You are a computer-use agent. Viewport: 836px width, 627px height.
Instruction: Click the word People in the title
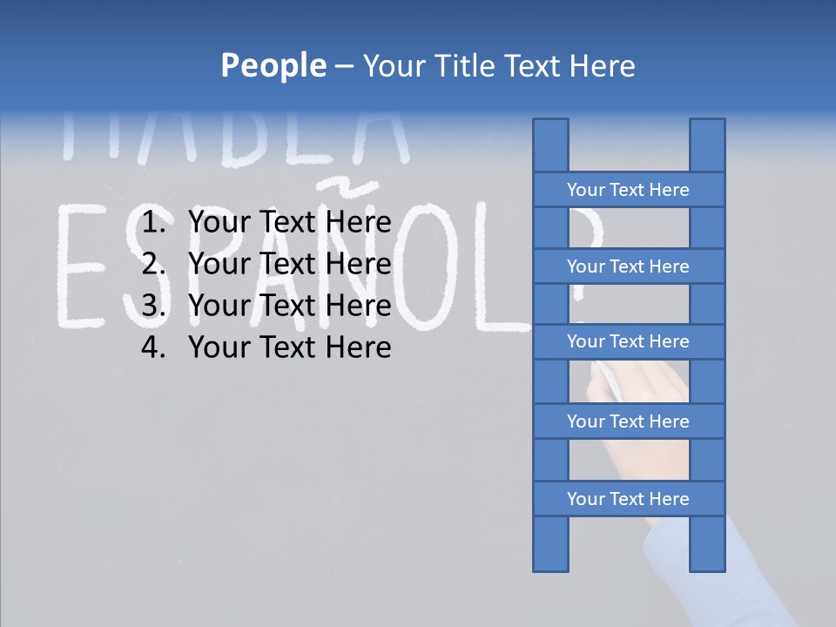coord(273,65)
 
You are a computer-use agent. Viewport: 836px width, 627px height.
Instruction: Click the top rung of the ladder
coord(628,190)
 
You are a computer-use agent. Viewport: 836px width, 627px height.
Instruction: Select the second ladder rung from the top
coord(628,266)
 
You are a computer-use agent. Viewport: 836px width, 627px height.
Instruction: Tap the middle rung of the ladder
coord(628,341)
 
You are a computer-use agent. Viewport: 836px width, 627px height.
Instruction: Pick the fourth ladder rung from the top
coord(628,421)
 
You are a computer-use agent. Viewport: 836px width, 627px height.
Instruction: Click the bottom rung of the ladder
coord(628,499)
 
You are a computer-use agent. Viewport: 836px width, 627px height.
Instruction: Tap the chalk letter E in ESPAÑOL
coord(84,266)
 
